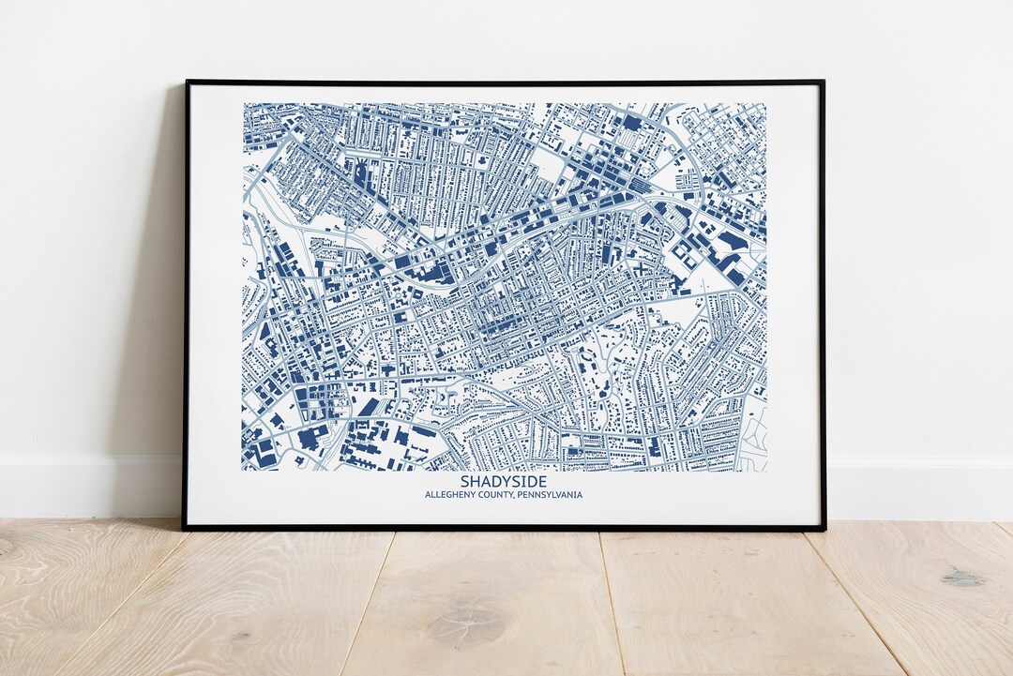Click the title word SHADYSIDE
pyautogui.click(x=503, y=482)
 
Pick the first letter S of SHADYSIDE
pyautogui.click(x=465, y=482)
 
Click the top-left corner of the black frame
pyautogui.click(x=186, y=83)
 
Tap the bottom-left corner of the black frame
pyautogui.click(x=184, y=529)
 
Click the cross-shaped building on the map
pyautogui.click(x=640, y=269)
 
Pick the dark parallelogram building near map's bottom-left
pyautogui.click(x=369, y=406)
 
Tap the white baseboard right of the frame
pyautogui.click(x=919, y=488)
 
